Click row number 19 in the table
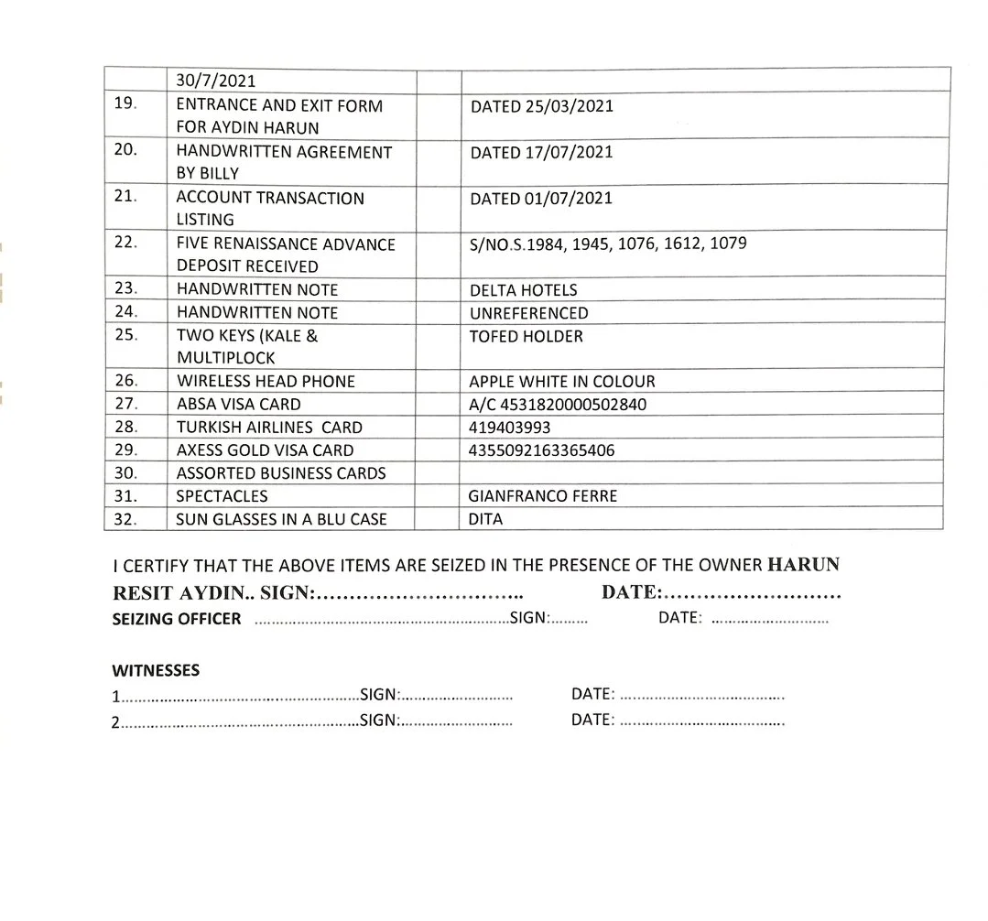pos(125,103)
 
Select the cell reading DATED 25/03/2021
pos(541,106)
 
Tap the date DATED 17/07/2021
pos(541,153)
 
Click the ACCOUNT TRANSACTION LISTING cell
pos(269,209)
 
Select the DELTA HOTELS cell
pos(523,290)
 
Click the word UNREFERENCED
pos(528,313)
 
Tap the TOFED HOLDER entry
pos(526,336)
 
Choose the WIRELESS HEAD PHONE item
pos(266,381)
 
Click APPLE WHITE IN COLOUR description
pos(561,381)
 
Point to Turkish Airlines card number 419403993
pos(509,427)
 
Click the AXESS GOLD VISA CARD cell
pos(265,450)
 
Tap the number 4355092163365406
pos(541,450)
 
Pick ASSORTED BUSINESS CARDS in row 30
pos(281,473)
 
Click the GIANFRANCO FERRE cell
pos(542,496)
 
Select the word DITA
pos(485,519)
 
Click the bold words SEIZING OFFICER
pos(177,619)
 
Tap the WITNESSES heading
pos(156,670)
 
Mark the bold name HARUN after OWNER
pos(803,565)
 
